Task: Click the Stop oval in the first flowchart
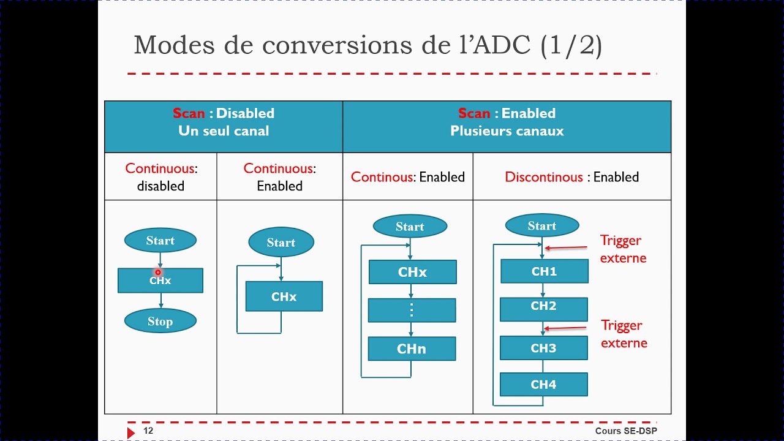point(160,321)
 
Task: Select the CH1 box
point(544,271)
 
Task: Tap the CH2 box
point(543,306)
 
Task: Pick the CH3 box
point(543,348)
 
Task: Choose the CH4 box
point(543,385)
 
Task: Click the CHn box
point(412,349)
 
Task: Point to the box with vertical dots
point(412,310)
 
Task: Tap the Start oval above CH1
point(542,226)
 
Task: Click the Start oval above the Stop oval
point(160,241)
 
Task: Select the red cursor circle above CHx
point(158,272)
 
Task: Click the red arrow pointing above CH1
point(566,247)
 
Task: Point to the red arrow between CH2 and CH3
point(566,328)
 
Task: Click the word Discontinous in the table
point(544,177)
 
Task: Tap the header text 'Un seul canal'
point(224,130)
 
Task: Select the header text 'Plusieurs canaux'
point(507,130)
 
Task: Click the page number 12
point(148,431)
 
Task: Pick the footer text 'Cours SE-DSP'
point(626,431)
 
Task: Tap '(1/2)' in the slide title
point(571,45)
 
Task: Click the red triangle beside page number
point(130,432)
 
